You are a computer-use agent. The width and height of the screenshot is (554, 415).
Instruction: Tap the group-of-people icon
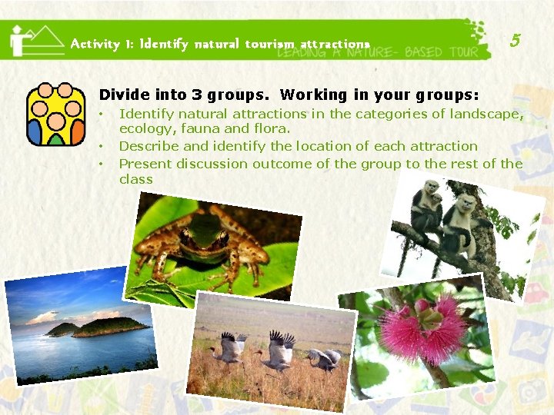[x=55, y=114]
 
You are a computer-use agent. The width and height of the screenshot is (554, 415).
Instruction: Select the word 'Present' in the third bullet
[x=145, y=164]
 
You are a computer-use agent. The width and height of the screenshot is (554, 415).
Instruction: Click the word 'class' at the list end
[x=136, y=179]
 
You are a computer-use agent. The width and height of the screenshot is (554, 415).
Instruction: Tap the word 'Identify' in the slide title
[x=164, y=45]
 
